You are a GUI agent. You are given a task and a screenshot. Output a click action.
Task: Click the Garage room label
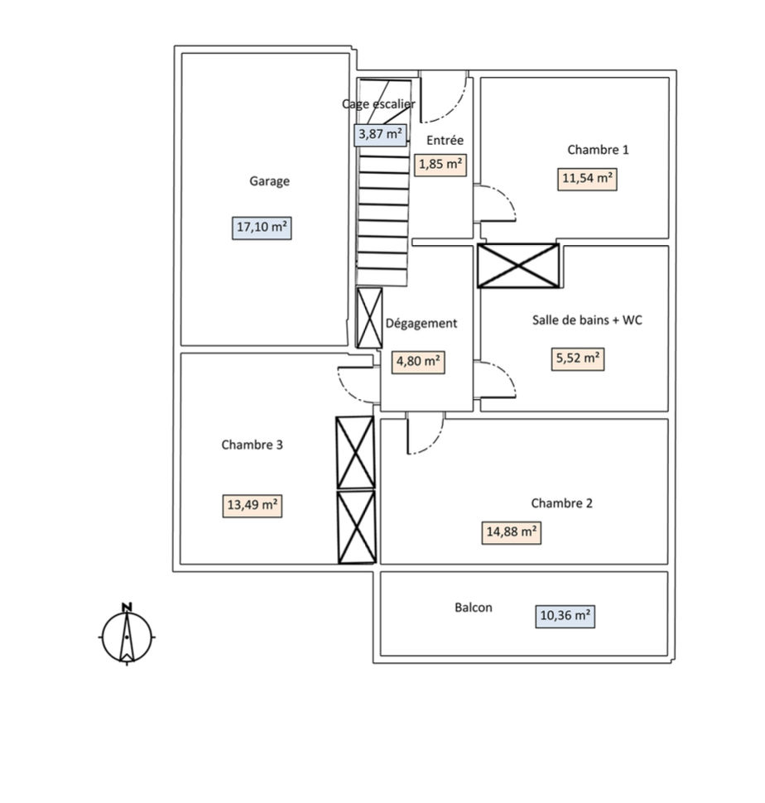[270, 181]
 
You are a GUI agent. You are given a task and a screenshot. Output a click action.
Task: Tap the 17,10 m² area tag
[262, 226]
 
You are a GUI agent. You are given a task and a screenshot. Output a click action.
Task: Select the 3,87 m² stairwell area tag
[380, 133]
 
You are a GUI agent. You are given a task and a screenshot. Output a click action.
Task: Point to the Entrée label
[445, 140]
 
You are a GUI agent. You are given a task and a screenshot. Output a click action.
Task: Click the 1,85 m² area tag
[440, 164]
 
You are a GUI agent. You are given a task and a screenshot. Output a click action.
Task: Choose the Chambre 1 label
[598, 150]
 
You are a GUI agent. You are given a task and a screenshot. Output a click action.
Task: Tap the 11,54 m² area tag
[587, 179]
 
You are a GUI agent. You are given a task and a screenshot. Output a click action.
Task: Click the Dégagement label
[421, 323]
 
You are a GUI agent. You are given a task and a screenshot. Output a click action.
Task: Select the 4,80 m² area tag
[418, 361]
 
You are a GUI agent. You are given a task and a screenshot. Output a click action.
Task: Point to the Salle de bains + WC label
[587, 320]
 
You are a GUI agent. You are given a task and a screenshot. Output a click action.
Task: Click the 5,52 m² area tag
[577, 358]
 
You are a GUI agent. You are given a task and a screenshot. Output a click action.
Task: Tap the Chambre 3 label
[253, 445]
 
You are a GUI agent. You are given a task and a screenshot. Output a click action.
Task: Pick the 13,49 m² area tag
[253, 505]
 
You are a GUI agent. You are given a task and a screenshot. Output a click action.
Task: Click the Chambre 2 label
[561, 502]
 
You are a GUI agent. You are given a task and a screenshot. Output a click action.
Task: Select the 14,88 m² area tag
[512, 532]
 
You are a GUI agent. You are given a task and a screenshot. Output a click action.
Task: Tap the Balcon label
[474, 608]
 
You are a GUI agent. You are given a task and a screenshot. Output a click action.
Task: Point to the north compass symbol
[127, 636]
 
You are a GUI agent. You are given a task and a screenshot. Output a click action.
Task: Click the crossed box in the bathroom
[518, 265]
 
